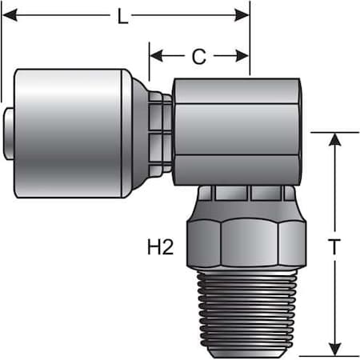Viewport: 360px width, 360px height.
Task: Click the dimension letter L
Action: (x=122, y=17)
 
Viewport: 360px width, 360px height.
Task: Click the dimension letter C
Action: (x=199, y=56)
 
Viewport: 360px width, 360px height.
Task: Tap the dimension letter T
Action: (x=334, y=246)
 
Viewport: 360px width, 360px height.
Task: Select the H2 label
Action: (x=161, y=247)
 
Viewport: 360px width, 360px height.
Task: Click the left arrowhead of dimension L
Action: (x=10, y=15)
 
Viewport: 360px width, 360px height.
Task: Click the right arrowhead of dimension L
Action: (x=242, y=15)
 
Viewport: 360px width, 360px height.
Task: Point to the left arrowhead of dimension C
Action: (x=157, y=56)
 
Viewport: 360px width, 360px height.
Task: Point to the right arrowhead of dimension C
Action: (x=242, y=56)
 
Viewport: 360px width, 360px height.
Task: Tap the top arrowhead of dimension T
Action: (x=334, y=139)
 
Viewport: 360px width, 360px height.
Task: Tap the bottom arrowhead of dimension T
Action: (x=334, y=349)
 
